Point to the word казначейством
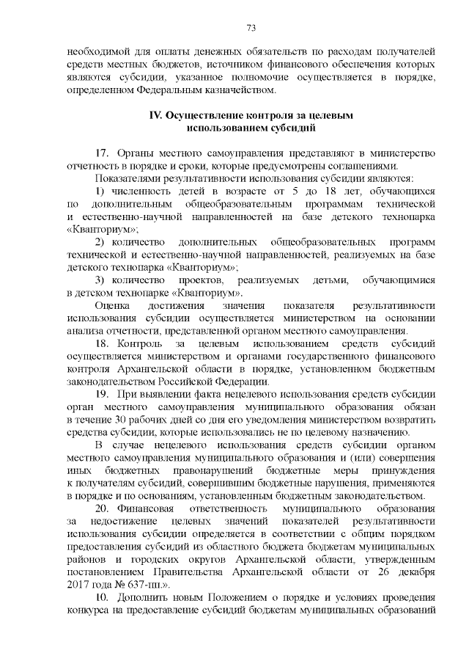pos(241,91)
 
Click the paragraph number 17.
pos(102,153)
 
